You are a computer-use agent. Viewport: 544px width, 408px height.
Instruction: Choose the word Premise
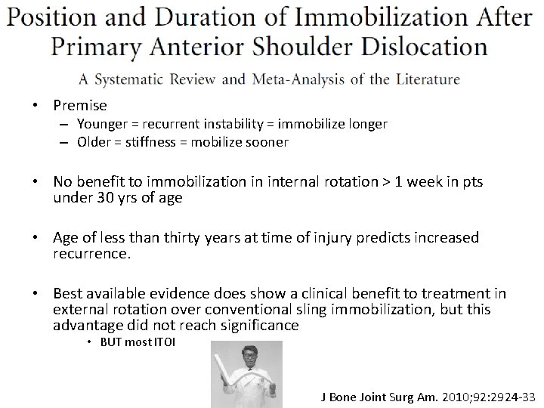[x=80, y=106]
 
